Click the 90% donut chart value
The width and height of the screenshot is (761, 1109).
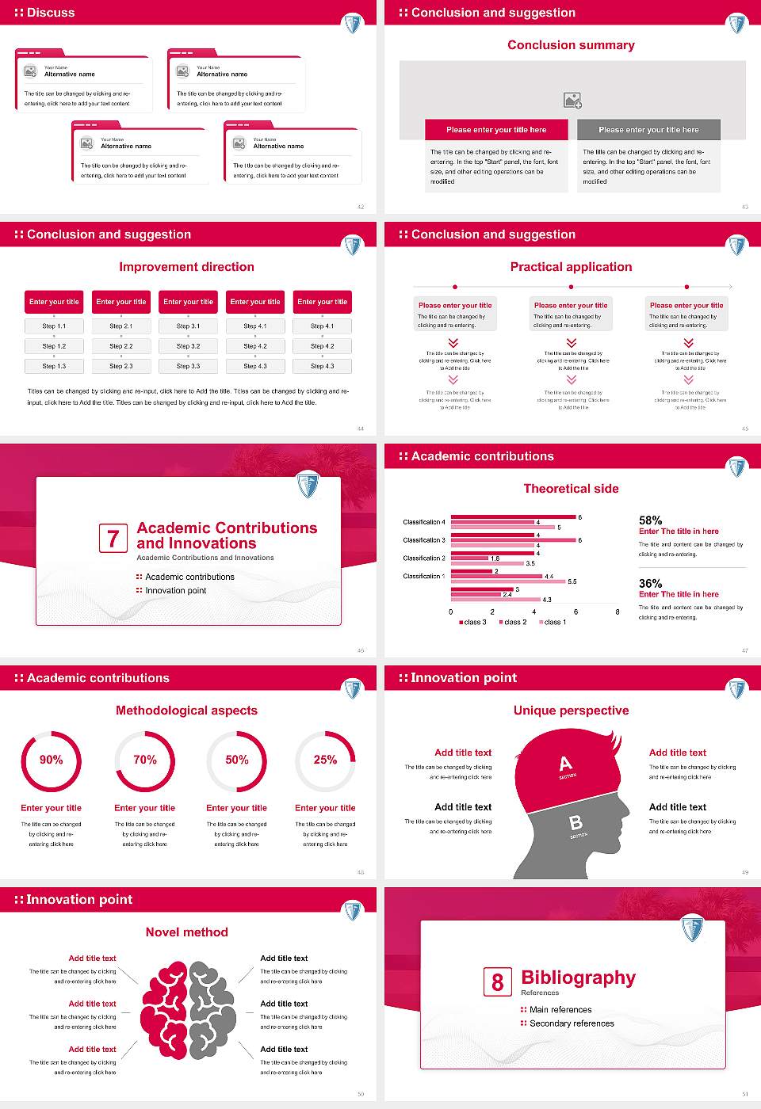[52, 760]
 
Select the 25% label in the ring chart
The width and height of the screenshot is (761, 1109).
[325, 760]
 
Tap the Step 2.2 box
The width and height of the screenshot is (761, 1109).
[121, 346]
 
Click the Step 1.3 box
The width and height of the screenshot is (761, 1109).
[54, 366]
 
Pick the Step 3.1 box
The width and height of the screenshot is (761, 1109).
[188, 326]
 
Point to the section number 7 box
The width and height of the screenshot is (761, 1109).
[113, 539]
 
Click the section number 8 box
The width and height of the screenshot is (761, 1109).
[497, 982]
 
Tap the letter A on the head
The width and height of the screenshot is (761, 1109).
[565, 764]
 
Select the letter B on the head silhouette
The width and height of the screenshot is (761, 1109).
[576, 823]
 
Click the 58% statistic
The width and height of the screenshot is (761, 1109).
[650, 520]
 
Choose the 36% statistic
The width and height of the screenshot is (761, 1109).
[650, 583]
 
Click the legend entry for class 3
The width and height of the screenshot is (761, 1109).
[472, 622]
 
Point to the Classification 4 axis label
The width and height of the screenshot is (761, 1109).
[424, 522]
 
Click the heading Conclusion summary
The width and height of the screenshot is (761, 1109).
[571, 45]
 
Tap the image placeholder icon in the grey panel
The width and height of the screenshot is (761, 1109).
[572, 100]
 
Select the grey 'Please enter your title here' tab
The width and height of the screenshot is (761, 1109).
[648, 130]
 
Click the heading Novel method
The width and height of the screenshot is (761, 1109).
[186, 932]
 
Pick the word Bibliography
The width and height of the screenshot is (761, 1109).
[578, 978]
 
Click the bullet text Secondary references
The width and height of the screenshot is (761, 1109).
[572, 1023]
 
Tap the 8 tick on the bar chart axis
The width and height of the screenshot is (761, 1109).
[618, 612]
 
